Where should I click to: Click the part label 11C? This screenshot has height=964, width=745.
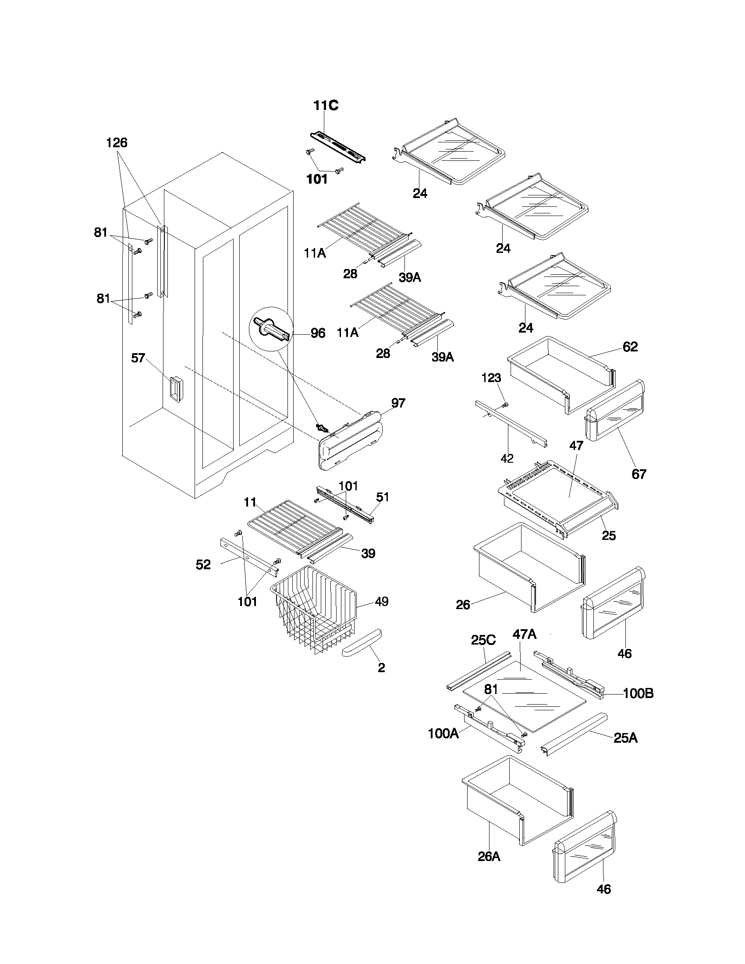tap(326, 106)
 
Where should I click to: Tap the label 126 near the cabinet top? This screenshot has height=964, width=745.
tap(117, 142)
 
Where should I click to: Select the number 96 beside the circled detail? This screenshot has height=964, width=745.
tap(318, 333)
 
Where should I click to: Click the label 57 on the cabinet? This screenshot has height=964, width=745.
tap(138, 358)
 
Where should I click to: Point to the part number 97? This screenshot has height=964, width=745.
tap(398, 403)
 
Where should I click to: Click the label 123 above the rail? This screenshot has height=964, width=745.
tap(491, 378)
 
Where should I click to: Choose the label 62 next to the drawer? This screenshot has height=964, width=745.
tap(630, 347)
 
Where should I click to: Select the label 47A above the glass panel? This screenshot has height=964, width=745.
tap(524, 634)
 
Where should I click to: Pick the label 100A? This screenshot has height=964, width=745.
tap(443, 734)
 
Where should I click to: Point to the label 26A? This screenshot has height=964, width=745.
tap(489, 856)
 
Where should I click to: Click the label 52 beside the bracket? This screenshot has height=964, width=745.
tap(203, 564)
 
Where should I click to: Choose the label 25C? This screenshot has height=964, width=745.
tap(483, 640)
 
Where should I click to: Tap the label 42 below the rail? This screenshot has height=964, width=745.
tap(507, 459)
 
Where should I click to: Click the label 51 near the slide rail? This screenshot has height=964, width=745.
tap(382, 497)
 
